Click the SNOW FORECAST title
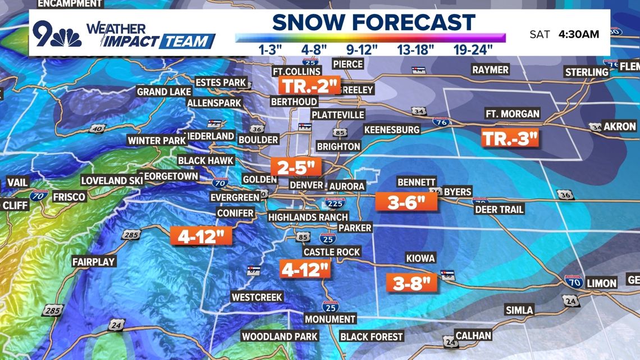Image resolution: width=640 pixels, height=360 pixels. (x=373, y=22)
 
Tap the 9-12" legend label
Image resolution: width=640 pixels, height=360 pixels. (x=362, y=49)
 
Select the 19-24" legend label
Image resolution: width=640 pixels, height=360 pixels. (x=473, y=49)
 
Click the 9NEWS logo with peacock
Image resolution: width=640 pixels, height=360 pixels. (x=57, y=34)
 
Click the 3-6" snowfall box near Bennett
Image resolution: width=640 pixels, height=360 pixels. (x=406, y=202)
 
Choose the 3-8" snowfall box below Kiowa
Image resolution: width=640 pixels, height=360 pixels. (x=412, y=282)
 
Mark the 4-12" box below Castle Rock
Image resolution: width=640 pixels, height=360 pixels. (x=305, y=270)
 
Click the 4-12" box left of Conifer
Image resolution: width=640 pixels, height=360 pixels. (x=201, y=236)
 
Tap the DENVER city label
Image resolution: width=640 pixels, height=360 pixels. (x=306, y=185)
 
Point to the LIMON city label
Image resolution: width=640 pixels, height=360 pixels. (x=601, y=283)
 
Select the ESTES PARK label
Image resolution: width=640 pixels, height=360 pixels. (x=221, y=83)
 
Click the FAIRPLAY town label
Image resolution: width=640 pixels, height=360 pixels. (x=93, y=262)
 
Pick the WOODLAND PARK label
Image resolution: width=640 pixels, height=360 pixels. (x=280, y=336)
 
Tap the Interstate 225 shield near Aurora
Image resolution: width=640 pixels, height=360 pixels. (x=335, y=203)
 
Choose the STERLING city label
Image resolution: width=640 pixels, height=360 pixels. (x=587, y=72)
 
